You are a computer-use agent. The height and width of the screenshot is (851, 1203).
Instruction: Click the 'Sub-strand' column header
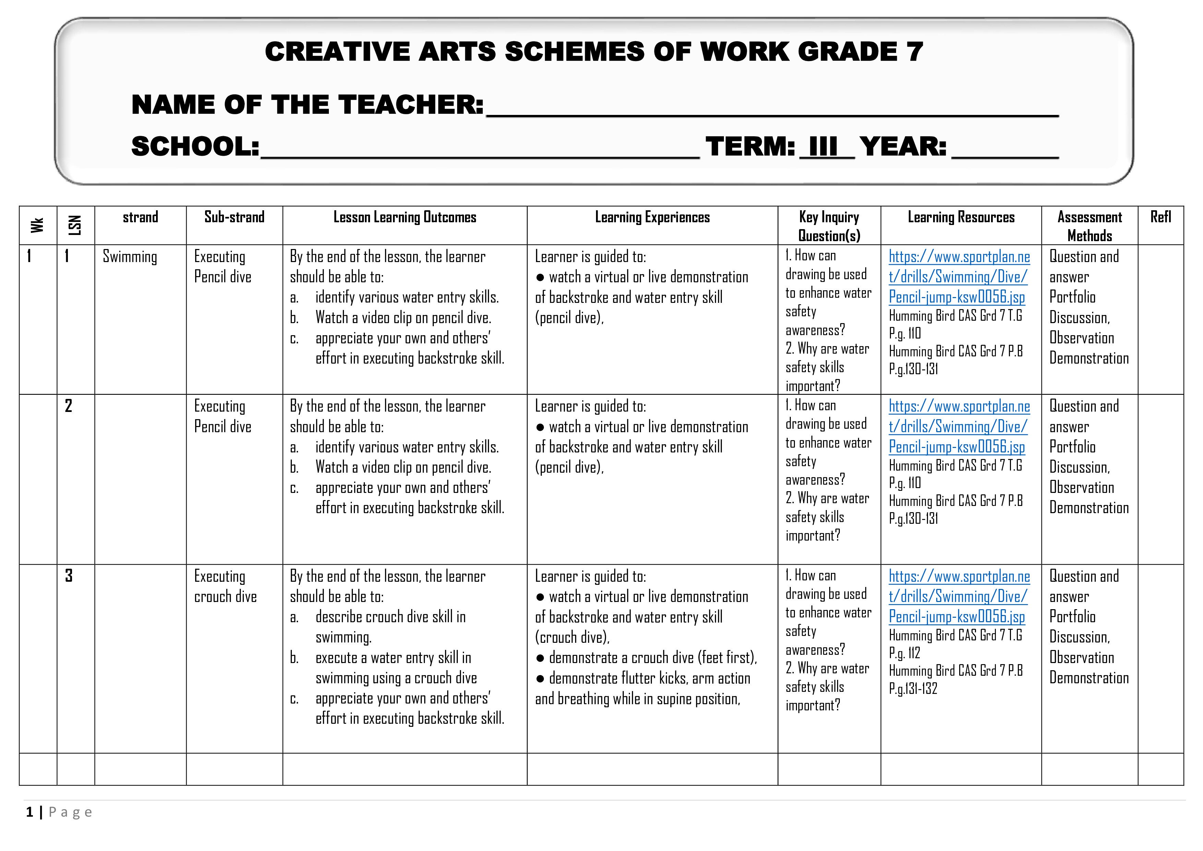pos(234,217)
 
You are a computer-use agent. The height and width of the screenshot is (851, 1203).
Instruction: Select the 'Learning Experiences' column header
pos(652,217)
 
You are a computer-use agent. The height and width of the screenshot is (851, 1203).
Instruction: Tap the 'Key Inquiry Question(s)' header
pos(829,226)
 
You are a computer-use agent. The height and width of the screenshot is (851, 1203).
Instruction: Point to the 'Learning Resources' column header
pos(961,217)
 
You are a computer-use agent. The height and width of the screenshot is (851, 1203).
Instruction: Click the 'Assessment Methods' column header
pos(1089,226)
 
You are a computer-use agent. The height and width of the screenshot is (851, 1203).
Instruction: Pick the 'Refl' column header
pos(1160,217)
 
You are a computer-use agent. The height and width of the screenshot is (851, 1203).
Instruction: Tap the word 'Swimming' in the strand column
pos(130,257)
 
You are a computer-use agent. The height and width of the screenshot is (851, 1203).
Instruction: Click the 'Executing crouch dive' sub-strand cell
pos(225,587)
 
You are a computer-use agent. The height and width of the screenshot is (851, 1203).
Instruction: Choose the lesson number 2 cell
pos(69,406)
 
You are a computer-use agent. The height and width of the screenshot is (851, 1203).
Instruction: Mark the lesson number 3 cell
pos(69,576)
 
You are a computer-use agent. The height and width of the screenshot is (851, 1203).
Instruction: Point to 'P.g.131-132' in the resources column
pos(913,688)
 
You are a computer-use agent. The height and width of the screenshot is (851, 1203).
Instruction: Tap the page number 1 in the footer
pos(30,812)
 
